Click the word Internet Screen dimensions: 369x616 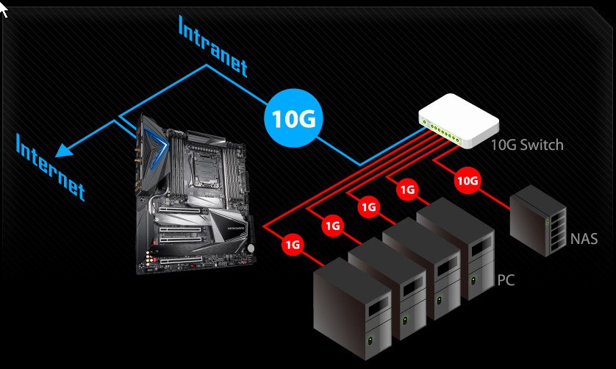tap(50, 166)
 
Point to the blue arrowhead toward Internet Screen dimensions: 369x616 tap(63, 149)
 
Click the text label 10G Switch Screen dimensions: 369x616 tap(526, 144)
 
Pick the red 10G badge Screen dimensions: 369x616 tap(468, 180)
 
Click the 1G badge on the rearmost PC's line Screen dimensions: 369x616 tap(407, 190)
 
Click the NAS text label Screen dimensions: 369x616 tap(584, 239)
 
